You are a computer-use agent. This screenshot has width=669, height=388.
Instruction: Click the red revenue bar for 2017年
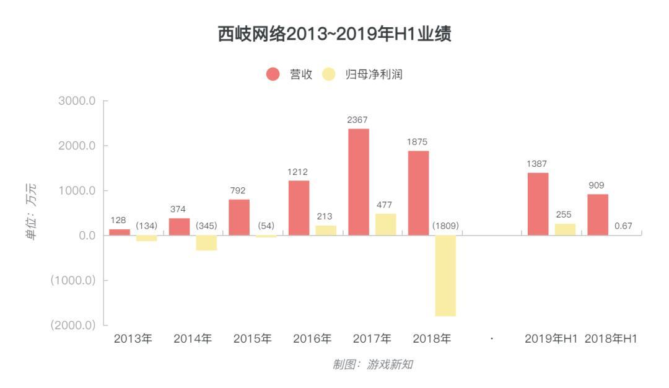(x=359, y=182)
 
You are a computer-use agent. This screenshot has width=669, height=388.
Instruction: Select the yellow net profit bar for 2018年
(x=445, y=275)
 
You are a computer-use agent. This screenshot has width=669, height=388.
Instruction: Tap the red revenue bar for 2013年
(x=120, y=232)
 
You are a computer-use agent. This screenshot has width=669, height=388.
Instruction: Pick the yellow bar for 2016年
(x=326, y=230)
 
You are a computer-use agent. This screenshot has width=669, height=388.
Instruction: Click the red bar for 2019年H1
(x=538, y=204)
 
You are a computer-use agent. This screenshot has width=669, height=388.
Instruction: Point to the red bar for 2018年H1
(x=598, y=214)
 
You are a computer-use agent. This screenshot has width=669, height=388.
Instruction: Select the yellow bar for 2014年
(x=206, y=242)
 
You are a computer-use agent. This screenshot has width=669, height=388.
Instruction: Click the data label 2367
(x=358, y=120)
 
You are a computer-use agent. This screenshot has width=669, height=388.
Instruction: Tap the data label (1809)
(x=445, y=226)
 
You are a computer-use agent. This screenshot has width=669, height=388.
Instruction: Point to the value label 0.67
(x=623, y=226)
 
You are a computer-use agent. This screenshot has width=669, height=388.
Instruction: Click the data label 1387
(x=537, y=164)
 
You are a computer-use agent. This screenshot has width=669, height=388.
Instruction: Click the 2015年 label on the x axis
(x=253, y=339)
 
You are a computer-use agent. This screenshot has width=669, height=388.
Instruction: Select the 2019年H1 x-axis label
(x=551, y=339)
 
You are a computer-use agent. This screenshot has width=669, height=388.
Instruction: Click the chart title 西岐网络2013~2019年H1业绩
(x=334, y=35)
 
